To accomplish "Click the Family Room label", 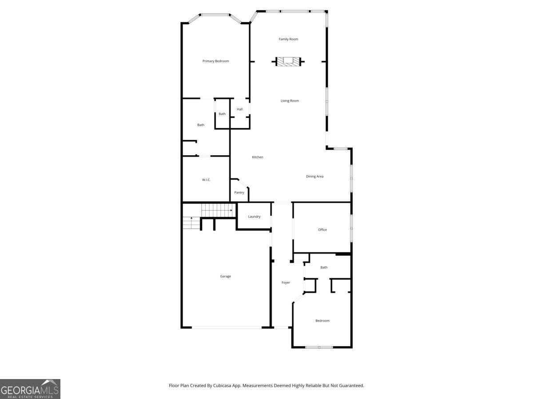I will coord(288,39).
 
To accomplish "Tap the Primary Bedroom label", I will coord(215,61).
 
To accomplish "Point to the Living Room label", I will coord(290,101).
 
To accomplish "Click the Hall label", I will coord(240,110).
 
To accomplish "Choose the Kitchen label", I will coord(258,157).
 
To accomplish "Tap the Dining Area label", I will coord(314,176).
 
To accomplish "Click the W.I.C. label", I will coord(206,180).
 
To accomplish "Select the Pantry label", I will coord(239,192).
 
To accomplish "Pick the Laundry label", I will coord(254,216).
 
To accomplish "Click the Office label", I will coord(322,230).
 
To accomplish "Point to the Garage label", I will coord(226,276).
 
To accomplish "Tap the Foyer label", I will coord(286,282).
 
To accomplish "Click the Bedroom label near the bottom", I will coord(322,321).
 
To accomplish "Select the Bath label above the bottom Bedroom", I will coord(324,267).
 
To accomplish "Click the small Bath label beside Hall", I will coord(222,114).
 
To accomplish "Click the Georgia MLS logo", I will coord(30,389).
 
